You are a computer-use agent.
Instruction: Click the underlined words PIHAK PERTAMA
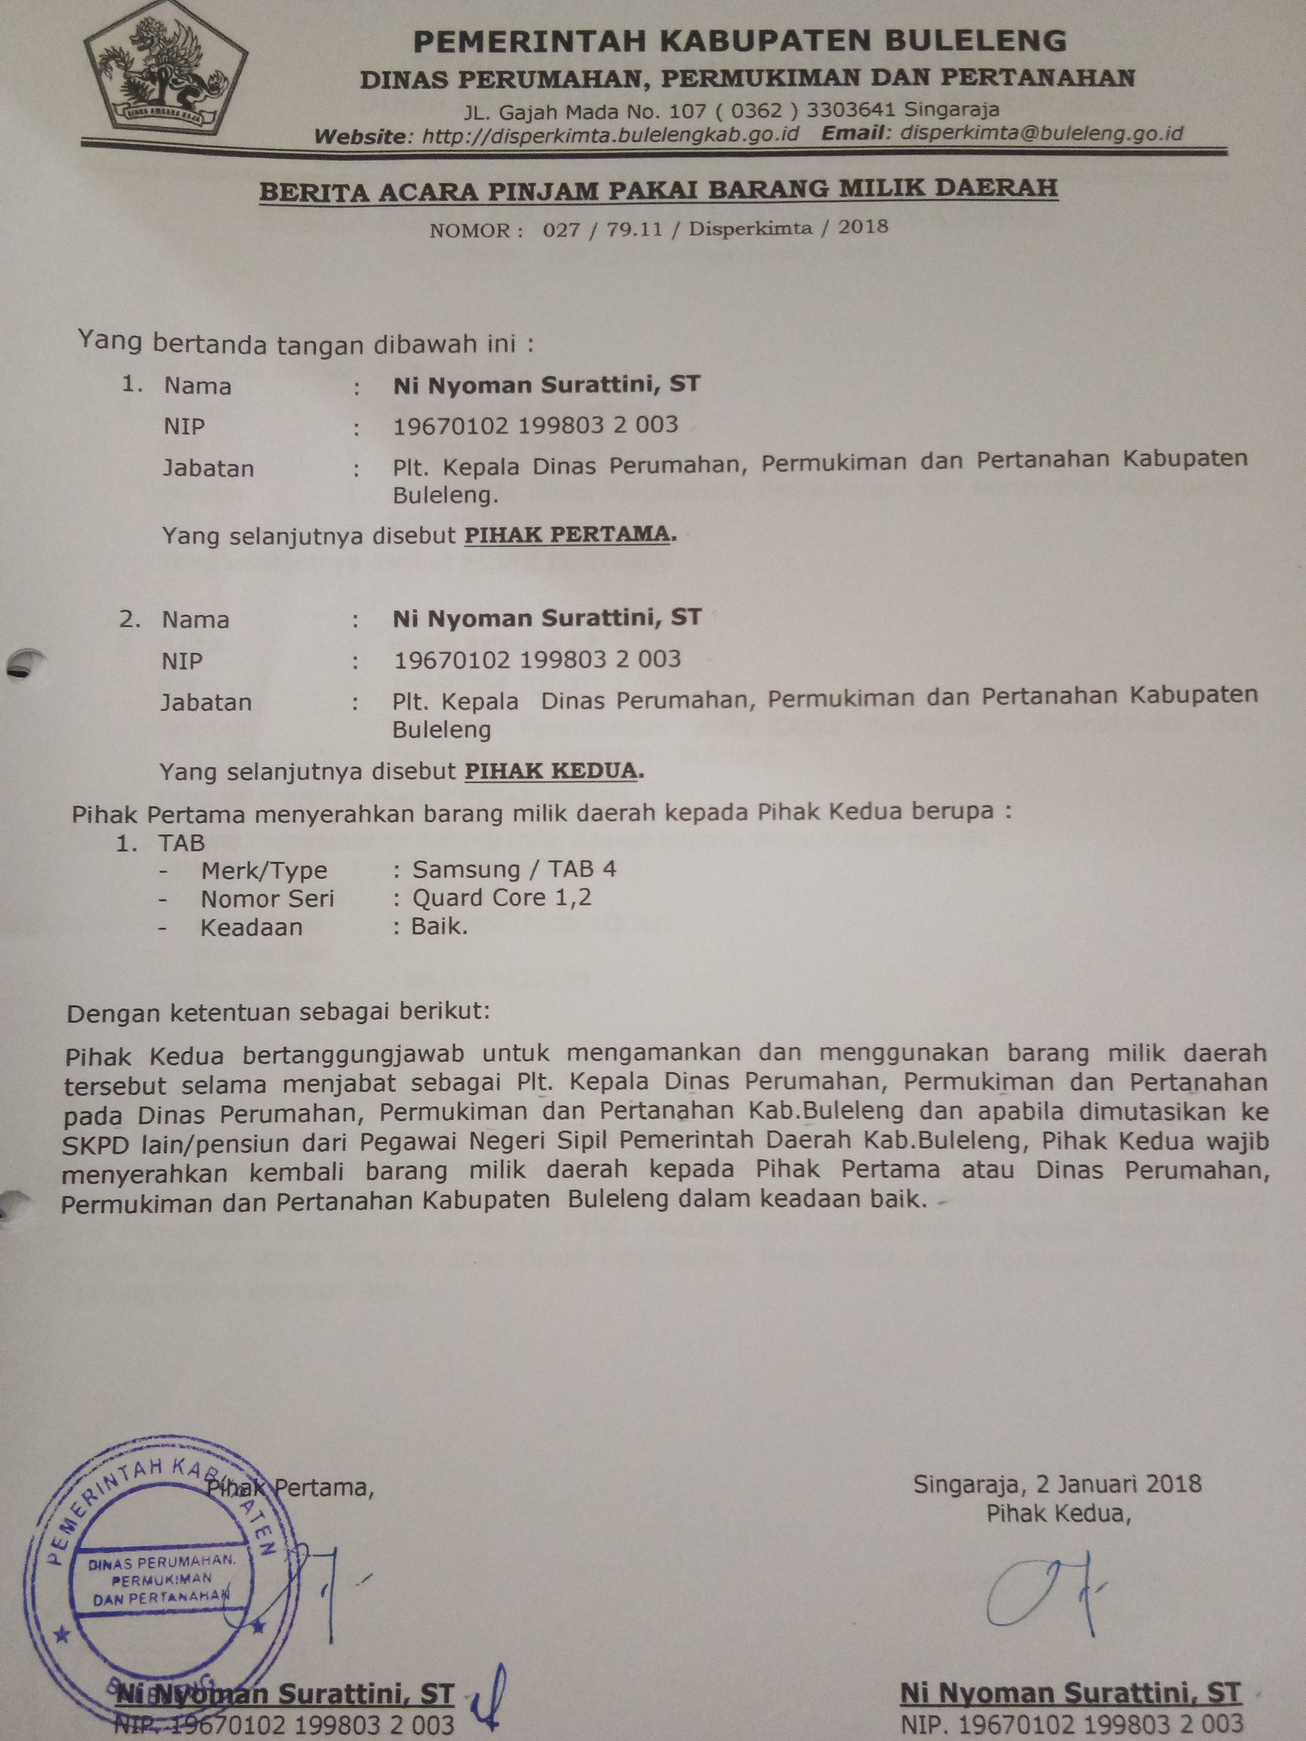click(x=567, y=534)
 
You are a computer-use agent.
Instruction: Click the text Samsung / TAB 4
click(x=514, y=870)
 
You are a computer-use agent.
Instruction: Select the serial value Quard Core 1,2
click(x=501, y=898)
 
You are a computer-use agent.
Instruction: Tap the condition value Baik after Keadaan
click(x=439, y=927)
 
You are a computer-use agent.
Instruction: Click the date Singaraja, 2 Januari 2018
click(x=1057, y=1484)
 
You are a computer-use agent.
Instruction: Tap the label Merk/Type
click(x=264, y=870)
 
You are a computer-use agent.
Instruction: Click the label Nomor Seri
click(x=267, y=899)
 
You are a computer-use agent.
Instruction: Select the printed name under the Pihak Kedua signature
click(x=1071, y=1693)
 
